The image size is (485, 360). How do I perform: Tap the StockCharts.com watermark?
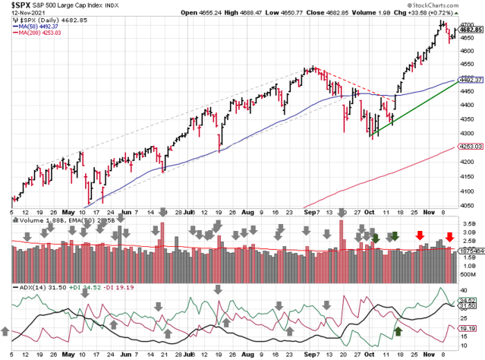(x=452, y=5)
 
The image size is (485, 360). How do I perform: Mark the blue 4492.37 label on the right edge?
(x=472, y=80)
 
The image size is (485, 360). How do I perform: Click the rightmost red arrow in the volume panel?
(x=449, y=237)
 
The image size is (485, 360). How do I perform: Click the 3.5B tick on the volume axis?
(x=471, y=225)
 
